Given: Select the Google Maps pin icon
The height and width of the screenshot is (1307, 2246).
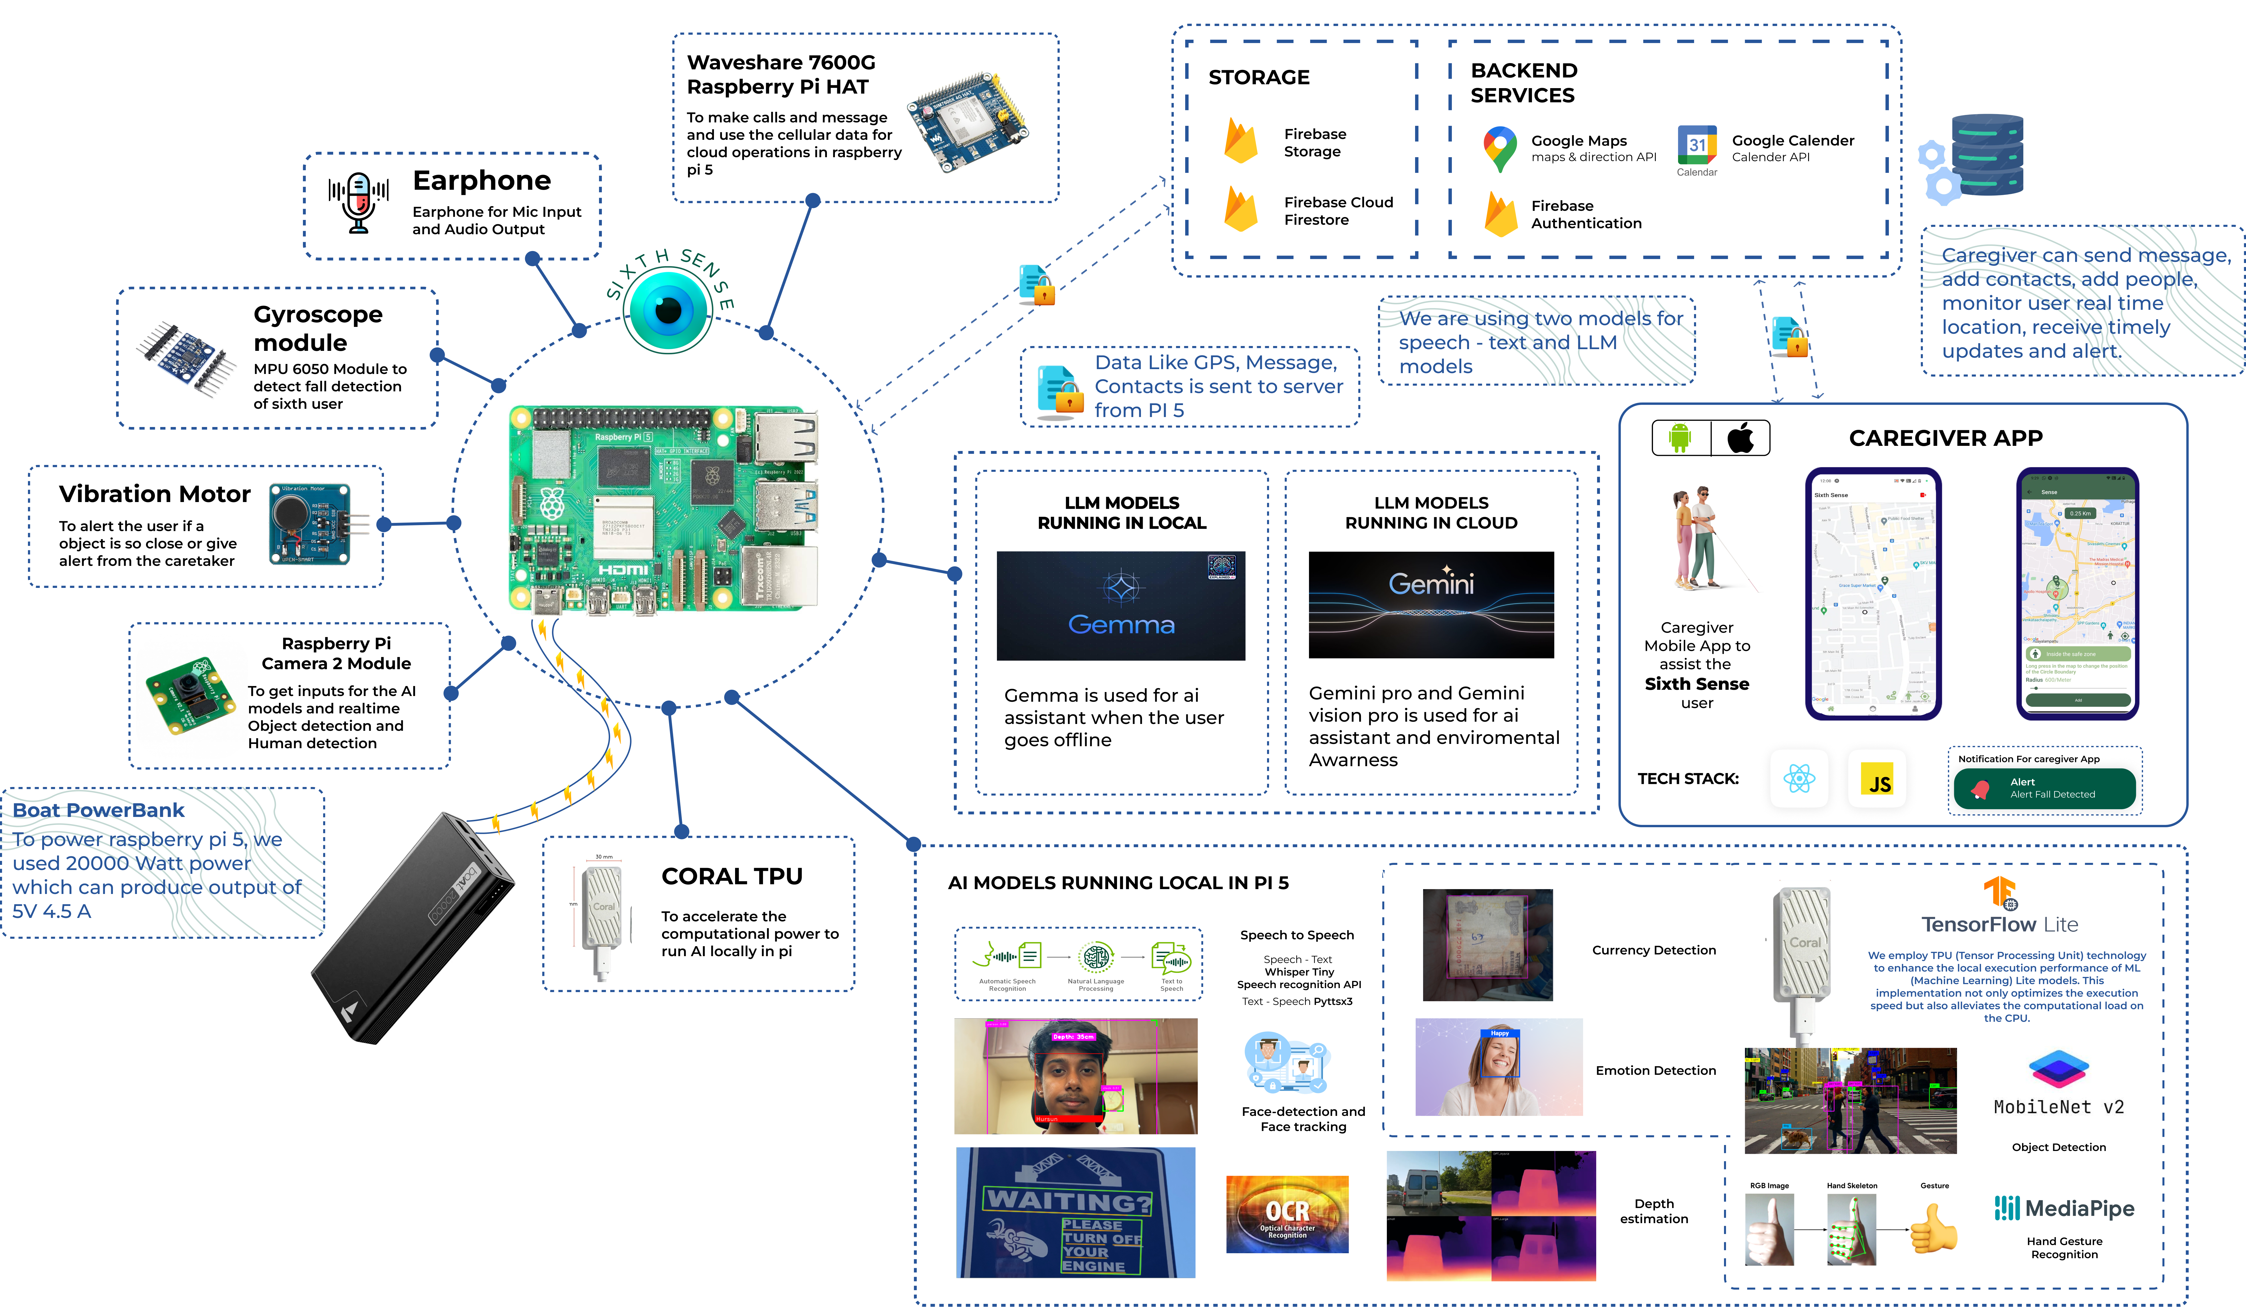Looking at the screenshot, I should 1500,149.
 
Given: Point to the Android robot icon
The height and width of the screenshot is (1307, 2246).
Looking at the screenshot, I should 1680,438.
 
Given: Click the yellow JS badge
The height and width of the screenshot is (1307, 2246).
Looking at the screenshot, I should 1879,781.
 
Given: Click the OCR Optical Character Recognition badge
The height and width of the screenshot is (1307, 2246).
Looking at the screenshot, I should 1287,1214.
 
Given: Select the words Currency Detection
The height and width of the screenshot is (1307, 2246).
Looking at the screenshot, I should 1653,950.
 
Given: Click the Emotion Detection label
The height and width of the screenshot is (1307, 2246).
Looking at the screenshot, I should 1655,1071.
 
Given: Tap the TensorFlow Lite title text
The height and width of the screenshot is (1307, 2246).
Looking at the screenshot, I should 1999,924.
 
